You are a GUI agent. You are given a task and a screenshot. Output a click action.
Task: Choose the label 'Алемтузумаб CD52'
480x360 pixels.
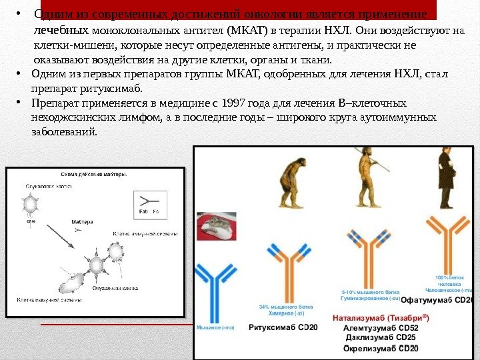click(380, 328)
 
